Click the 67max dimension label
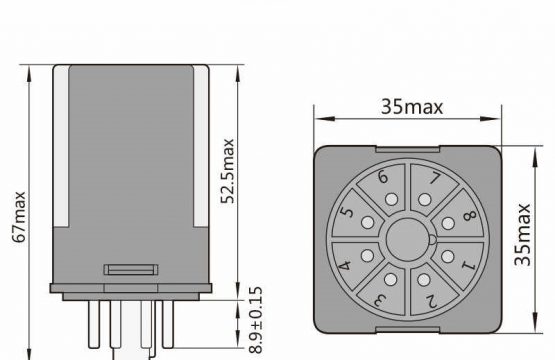[x=19, y=217]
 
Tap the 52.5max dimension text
[x=227, y=171]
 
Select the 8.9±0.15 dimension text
[x=256, y=320]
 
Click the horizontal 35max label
[x=412, y=107]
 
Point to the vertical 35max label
[x=522, y=235]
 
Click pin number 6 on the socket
[x=383, y=177]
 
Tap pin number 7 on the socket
[x=435, y=178]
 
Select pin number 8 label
[x=470, y=216]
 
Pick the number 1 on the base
[x=469, y=265]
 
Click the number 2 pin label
[x=431, y=301]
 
